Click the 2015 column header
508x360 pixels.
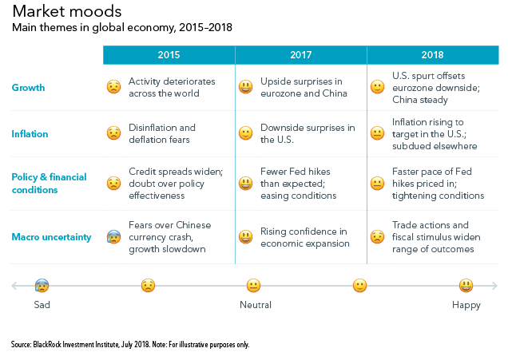coord(169,55)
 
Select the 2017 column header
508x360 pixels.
coord(300,55)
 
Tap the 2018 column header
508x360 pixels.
coord(432,55)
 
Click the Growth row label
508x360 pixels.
coord(28,88)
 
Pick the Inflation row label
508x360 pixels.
coord(30,134)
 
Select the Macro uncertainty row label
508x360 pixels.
coord(52,236)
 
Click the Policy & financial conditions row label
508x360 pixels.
coord(46,184)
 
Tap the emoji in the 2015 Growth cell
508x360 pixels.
coord(114,88)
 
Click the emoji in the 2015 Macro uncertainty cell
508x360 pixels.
coord(114,237)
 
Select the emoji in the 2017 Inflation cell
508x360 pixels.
coord(246,134)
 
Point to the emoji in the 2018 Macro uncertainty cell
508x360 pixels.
coord(378,237)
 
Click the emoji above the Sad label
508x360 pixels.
coord(42,285)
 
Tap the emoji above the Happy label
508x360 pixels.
coord(466,285)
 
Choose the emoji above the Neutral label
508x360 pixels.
coord(253,285)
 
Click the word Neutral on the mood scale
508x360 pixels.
coord(256,305)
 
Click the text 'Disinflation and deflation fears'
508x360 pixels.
coord(162,134)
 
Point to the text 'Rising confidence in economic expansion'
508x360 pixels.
coord(304,237)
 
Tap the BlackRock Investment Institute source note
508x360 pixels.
coord(130,345)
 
